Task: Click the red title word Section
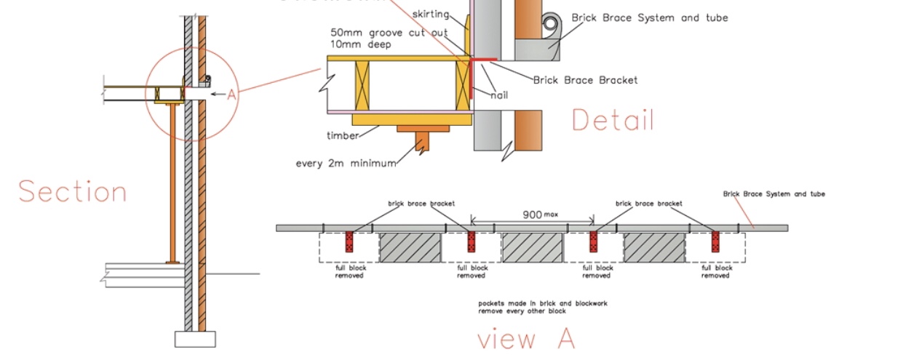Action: click(73, 191)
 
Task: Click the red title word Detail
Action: click(613, 120)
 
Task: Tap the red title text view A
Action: click(526, 339)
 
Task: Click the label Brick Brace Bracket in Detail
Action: click(585, 80)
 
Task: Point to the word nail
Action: click(498, 95)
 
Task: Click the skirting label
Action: click(430, 14)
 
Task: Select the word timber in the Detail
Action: click(342, 136)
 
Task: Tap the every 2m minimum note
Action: click(346, 163)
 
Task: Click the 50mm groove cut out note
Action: click(378, 33)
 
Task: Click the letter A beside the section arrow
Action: click(231, 95)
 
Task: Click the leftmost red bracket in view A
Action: click(349, 241)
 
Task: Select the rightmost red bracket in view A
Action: click(715, 241)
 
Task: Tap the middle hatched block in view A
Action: click(533, 247)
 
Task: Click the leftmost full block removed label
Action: click(351, 271)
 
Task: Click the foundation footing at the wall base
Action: click(195, 339)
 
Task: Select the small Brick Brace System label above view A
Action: click(773, 194)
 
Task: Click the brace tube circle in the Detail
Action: click(551, 24)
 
